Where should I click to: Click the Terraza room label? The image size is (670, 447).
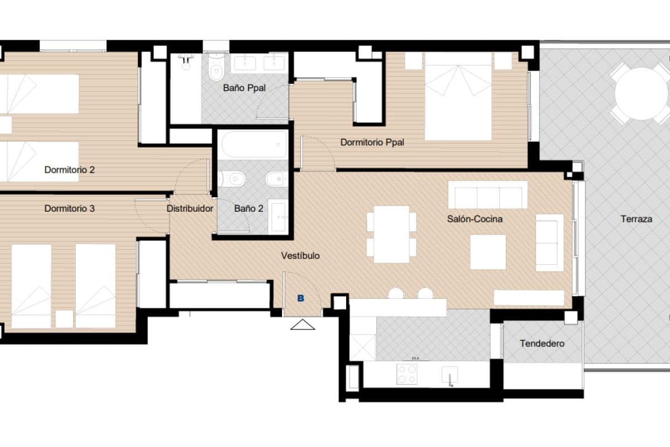(636, 219)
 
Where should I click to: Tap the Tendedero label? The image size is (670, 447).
(542, 343)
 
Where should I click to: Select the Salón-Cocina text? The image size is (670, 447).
(475, 219)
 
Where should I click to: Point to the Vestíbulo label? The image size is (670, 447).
(300, 255)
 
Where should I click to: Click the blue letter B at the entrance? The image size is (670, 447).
(301, 298)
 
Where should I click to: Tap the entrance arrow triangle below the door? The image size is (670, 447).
(303, 324)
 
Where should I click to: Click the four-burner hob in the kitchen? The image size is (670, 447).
(406, 374)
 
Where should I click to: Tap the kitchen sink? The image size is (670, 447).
(450, 374)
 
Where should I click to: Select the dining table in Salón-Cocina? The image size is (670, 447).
(391, 234)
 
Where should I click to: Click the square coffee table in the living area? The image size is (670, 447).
(488, 252)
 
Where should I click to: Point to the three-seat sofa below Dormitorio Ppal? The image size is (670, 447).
(488, 195)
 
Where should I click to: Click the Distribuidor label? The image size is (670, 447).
(190, 208)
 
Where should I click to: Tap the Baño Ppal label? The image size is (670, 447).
(244, 88)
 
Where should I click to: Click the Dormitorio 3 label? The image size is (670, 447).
(69, 208)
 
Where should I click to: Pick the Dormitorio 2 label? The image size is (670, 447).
(69, 169)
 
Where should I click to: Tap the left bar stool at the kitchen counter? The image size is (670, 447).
(396, 293)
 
